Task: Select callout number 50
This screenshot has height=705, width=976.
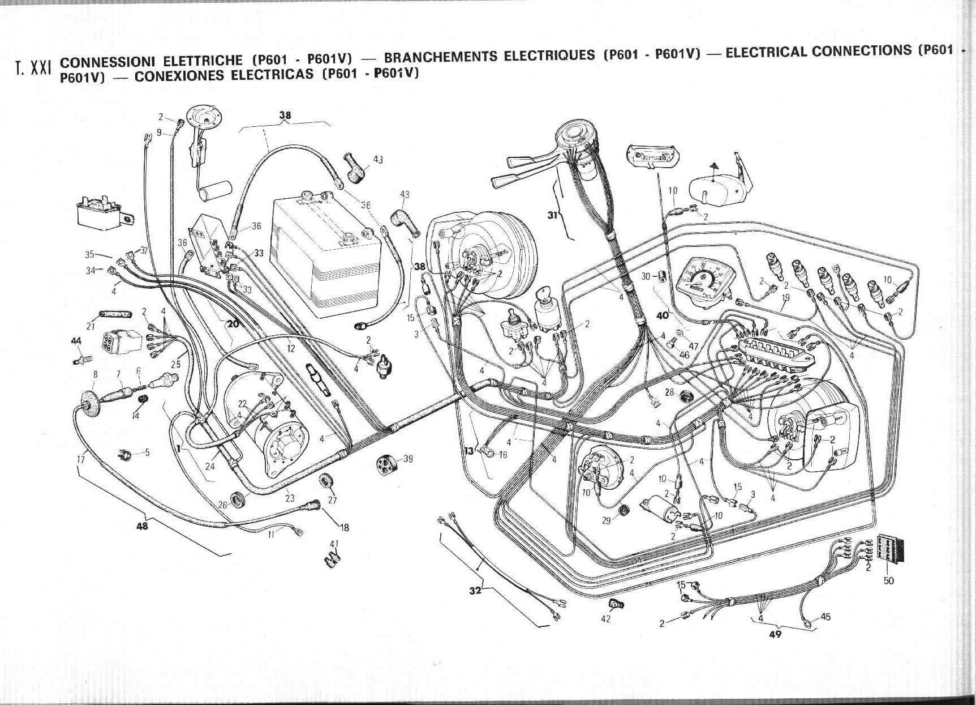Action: pyautogui.click(x=889, y=580)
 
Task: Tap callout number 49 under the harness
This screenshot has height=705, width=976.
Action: pyautogui.click(x=775, y=634)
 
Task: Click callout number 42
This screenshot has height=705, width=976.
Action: pyautogui.click(x=606, y=619)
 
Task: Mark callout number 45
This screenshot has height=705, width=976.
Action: pyautogui.click(x=825, y=617)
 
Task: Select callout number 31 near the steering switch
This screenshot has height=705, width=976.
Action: pyautogui.click(x=553, y=214)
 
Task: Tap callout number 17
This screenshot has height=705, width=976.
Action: pyautogui.click(x=80, y=460)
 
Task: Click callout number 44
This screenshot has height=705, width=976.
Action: pyautogui.click(x=76, y=340)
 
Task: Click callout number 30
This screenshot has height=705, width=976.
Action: pyautogui.click(x=646, y=276)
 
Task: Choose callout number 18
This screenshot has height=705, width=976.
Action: pyautogui.click(x=345, y=528)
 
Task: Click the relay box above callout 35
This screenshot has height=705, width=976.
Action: pyautogui.click(x=104, y=212)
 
